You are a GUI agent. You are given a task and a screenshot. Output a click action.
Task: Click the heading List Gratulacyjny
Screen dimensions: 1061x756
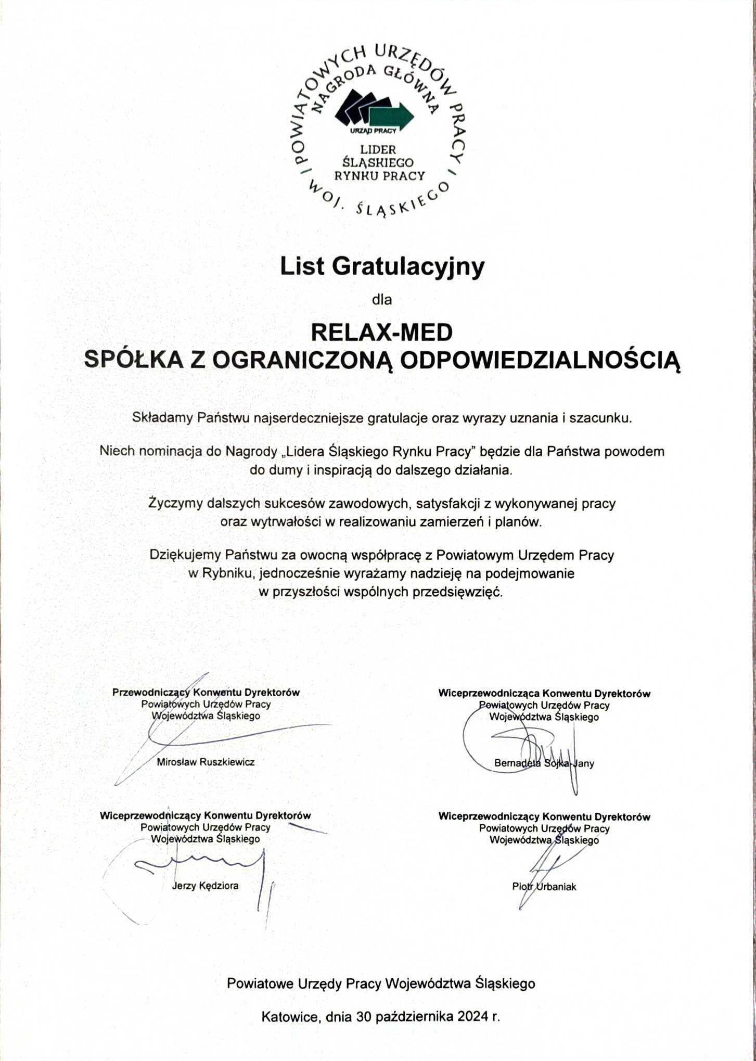click(x=382, y=266)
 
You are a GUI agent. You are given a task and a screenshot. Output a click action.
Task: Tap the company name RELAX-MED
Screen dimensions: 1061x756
click(x=381, y=333)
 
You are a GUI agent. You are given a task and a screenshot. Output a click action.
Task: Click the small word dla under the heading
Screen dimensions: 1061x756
click(x=381, y=299)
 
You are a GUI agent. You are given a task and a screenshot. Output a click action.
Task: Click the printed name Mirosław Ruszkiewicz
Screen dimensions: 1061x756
click(x=206, y=762)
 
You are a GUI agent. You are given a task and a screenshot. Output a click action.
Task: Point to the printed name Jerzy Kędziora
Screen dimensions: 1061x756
click(x=205, y=885)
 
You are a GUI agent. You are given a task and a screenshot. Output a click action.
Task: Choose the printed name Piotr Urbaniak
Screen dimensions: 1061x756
click(x=544, y=887)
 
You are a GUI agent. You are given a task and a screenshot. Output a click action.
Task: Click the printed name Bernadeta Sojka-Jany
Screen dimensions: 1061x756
click(x=544, y=763)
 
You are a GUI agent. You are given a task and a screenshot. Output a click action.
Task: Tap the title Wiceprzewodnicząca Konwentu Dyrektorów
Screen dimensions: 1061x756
click(x=544, y=693)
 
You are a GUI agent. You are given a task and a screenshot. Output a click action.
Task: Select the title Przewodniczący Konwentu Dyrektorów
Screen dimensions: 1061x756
click(x=206, y=692)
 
